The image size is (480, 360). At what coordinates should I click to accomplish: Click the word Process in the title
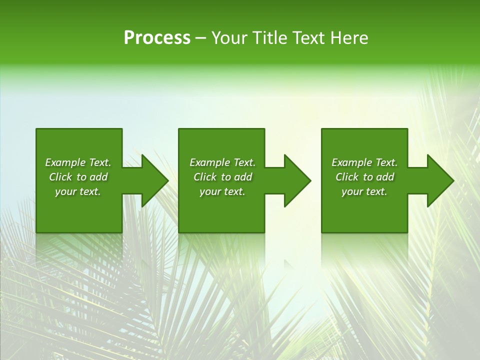click(x=157, y=38)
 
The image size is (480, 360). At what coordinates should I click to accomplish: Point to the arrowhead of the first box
click(x=152, y=180)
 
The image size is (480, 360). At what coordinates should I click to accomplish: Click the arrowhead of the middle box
click(x=295, y=180)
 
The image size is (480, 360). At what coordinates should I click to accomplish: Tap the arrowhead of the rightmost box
click(x=438, y=180)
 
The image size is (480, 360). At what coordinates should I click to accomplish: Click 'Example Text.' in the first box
click(x=78, y=162)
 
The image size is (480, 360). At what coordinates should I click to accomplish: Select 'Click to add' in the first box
click(x=78, y=177)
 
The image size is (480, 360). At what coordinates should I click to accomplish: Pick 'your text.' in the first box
click(x=78, y=191)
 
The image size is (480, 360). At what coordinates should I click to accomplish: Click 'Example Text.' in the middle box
click(x=222, y=162)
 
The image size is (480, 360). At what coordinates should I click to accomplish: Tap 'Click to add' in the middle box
click(x=222, y=177)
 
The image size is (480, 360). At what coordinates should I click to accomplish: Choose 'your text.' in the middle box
click(x=222, y=191)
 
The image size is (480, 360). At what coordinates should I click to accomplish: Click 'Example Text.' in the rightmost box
click(x=364, y=162)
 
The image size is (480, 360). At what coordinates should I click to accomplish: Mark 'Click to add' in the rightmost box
click(x=364, y=177)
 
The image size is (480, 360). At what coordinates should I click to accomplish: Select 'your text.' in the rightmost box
click(x=364, y=191)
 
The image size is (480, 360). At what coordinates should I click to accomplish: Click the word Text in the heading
click(x=308, y=38)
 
